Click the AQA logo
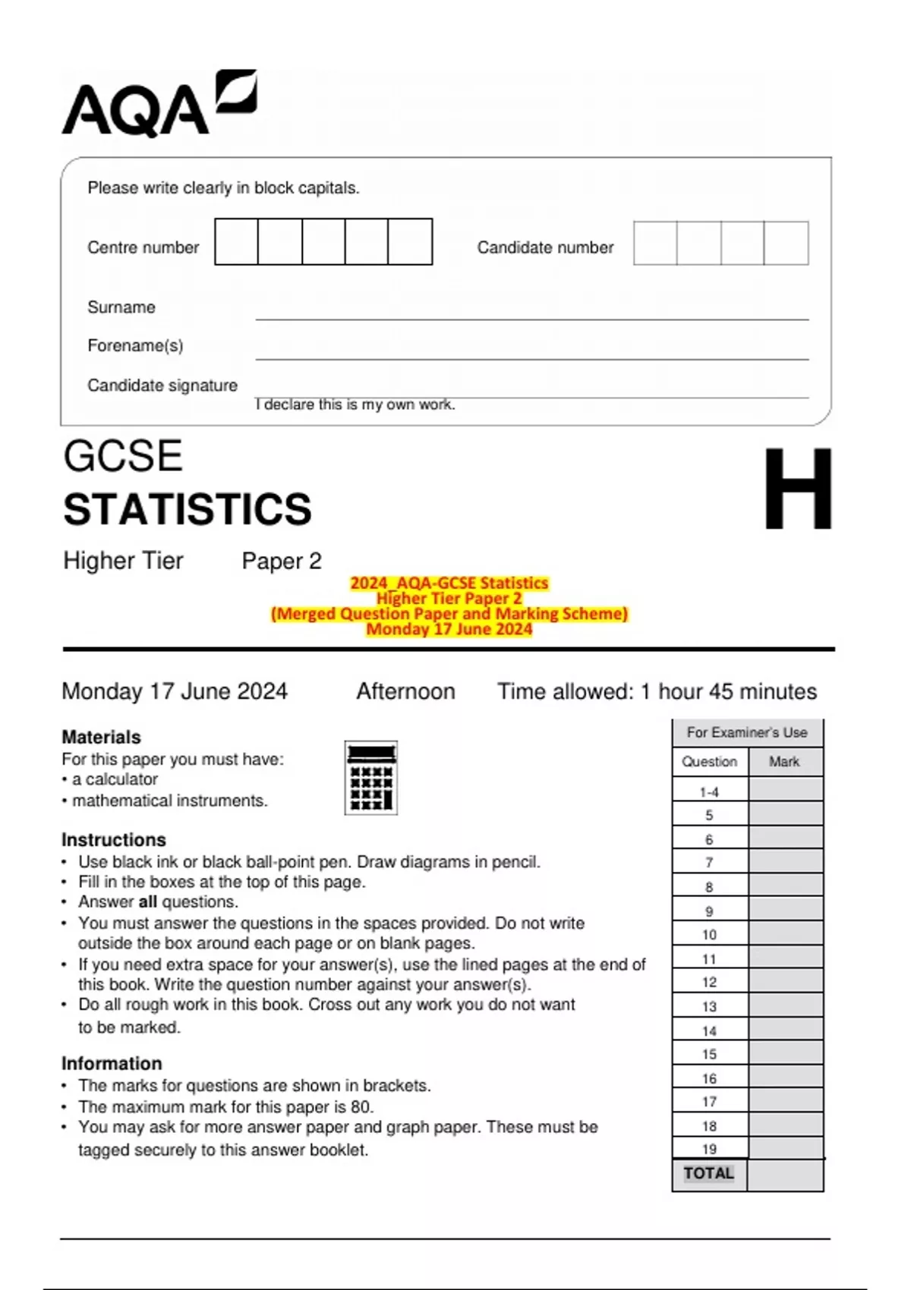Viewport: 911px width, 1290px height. pos(159,105)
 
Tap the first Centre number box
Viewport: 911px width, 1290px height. pos(236,242)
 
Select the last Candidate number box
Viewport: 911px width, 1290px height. pos(786,243)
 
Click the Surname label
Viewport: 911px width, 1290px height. pos(121,307)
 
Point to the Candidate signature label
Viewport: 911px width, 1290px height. pos(162,385)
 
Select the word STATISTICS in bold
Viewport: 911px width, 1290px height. pos(188,509)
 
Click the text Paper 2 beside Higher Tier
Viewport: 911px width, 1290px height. pos(282,561)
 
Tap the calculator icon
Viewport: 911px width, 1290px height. pos(370,778)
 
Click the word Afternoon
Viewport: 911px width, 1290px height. pos(405,691)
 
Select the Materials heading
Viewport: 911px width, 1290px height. pos(101,737)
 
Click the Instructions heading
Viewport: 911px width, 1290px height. pos(113,840)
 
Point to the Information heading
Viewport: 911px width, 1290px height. pos(112,1063)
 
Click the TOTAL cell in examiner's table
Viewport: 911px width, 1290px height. pos(708,1173)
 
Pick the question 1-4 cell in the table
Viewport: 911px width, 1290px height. pos(709,792)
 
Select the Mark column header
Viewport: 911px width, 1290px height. pos(784,762)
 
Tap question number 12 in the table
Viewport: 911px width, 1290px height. pos(709,982)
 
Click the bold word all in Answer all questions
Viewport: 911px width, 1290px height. pos(147,901)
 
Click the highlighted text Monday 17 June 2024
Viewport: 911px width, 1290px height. pos(449,629)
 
